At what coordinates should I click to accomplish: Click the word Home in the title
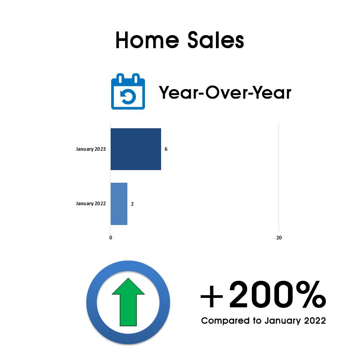[x=147, y=40]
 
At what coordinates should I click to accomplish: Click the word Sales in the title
[x=216, y=40]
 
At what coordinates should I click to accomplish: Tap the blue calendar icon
[x=128, y=91]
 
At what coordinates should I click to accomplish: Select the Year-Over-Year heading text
[x=225, y=92]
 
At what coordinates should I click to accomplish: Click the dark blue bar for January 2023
[x=136, y=149]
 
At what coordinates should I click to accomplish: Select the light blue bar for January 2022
[x=119, y=204]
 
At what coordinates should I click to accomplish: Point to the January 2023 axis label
[x=91, y=149]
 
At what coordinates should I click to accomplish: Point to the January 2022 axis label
[x=91, y=204]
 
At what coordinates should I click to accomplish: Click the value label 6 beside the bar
[x=166, y=149]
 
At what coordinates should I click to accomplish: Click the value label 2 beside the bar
[x=132, y=204]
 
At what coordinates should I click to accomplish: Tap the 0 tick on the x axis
[x=111, y=238]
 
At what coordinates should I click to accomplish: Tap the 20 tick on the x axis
[x=279, y=238]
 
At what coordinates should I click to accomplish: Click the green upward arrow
[x=128, y=302]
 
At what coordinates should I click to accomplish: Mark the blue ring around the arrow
[x=92, y=302]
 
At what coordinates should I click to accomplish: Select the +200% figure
[x=263, y=295]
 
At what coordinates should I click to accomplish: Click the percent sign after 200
[x=311, y=295]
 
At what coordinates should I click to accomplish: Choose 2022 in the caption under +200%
[x=315, y=320]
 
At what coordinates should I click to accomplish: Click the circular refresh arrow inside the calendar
[x=128, y=97]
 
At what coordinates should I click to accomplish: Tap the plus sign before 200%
[x=211, y=296]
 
